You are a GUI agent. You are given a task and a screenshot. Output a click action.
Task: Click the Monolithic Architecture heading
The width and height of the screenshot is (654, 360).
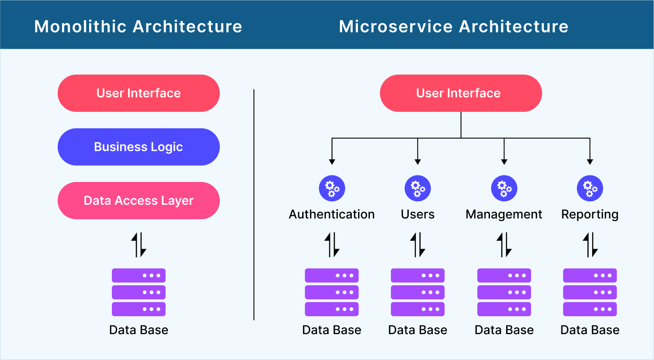(x=138, y=26)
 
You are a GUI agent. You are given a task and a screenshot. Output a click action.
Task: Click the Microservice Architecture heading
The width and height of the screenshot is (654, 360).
(x=454, y=26)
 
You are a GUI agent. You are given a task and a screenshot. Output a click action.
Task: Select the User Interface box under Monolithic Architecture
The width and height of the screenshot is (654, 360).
(x=139, y=93)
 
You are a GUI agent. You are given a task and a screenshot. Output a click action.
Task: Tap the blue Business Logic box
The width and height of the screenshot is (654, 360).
(x=139, y=147)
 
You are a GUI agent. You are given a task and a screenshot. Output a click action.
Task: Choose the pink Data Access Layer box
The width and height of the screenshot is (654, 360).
(x=139, y=200)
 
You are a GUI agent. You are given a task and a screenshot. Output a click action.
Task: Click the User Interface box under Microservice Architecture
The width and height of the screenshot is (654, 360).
(x=461, y=93)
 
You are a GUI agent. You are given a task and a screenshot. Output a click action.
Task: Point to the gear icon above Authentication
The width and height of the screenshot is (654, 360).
(x=332, y=189)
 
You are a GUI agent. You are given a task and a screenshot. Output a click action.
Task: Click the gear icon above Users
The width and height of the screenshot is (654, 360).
(x=418, y=189)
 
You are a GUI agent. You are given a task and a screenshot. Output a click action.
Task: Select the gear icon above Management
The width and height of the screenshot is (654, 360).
(x=504, y=189)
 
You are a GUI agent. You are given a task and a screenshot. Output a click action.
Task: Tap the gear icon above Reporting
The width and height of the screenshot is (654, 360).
(x=590, y=189)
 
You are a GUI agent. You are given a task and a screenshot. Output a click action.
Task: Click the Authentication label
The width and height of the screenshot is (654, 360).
(x=332, y=214)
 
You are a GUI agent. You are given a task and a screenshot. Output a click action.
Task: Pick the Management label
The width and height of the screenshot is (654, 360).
(x=504, y=214)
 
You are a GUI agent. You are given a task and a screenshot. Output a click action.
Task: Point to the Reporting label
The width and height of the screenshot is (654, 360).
(x=590, y=214)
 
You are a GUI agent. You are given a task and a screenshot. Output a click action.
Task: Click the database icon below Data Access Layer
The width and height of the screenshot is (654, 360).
(x=139, y=292)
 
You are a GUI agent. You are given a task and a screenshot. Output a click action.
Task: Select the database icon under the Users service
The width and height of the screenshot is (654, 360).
(x=418, y=292)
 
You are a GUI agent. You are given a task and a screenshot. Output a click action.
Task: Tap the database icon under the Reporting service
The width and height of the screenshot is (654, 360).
(x=590, y=292)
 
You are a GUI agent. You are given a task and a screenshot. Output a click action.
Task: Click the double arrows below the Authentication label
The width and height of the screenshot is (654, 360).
(x=332, y=245)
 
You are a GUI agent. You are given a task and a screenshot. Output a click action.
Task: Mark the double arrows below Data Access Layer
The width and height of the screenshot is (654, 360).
(x=139, y=245)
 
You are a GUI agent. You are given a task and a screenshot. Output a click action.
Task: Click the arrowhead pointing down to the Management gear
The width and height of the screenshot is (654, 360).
(x=504, y=162)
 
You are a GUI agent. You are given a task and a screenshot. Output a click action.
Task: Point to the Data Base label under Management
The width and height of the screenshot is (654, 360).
(x=504, y=330)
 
